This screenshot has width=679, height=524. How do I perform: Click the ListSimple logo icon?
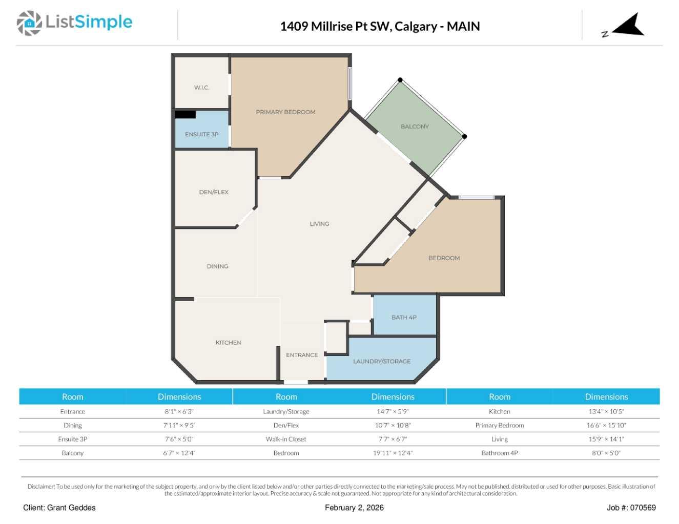pyautogui.click(x=29, y=23)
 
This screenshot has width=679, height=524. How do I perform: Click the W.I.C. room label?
pyautogui.click(x=201, y=88)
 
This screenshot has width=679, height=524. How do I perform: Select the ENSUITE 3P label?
pyautogui.click(x=201, y=134)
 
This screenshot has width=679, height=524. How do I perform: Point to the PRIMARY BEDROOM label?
pyautogui.click(x=285, y=112)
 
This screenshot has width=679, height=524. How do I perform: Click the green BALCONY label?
pyautogui.click(x=415, y=127)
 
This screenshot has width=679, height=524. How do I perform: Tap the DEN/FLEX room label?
pyautogui.click(x=214, y=192)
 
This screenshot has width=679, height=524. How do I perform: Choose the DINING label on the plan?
pyautogui.click(x=217, y=266)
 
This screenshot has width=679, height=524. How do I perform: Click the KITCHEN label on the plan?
pyautogui.click(x=229, y=343)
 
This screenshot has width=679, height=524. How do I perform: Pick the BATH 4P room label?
pyautogui.click(x=404, y=317)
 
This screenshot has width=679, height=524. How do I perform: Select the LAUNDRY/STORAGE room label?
pyautogui.click(x=382, y=361)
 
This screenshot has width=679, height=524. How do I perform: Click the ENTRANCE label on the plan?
pyautogui.click(x=302, y=355)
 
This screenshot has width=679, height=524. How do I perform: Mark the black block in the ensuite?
pyautogui.click(x=186, y=115)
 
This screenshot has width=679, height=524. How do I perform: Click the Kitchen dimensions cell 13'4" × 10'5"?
pyautogui.click(x=606, y=412)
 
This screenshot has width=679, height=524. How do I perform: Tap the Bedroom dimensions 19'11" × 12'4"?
pyautogui.click(x=393, y=453)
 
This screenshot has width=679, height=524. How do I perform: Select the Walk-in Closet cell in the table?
pyautogui.click(x=286, y=439)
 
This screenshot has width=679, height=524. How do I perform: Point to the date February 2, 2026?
pyautogui.click(x=354, y=508)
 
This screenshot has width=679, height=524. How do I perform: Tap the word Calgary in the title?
pyautogui.click(x=416, y=26)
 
